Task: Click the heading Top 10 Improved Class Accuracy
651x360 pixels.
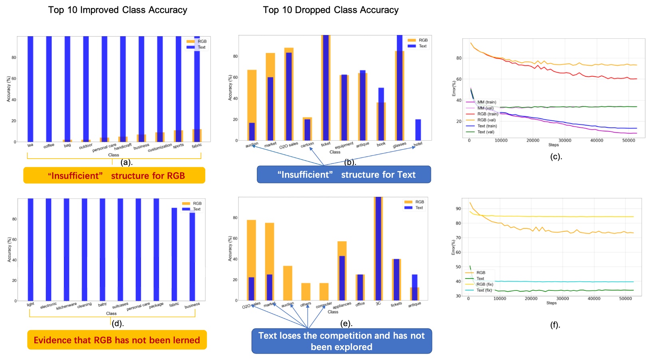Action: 117,10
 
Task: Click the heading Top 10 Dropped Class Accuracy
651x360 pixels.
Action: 330,10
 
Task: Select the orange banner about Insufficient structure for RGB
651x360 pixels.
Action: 114,176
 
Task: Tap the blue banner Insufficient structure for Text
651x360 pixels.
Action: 344,175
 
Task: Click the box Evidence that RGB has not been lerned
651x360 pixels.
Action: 117,340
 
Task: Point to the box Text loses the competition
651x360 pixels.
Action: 341,341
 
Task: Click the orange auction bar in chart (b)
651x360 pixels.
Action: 252,96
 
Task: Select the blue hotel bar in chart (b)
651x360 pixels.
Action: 418,130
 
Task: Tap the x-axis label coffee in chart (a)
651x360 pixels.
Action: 49,146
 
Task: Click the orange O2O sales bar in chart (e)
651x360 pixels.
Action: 251,248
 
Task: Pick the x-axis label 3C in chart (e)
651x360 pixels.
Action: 378,304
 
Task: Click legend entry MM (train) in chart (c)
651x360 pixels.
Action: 486,102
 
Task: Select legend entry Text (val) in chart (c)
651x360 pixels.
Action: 486,132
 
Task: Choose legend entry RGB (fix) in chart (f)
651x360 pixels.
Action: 484,284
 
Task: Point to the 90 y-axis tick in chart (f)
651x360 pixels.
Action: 458,209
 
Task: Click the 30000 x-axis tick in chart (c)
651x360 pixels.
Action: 565,140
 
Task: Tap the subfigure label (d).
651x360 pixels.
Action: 117,323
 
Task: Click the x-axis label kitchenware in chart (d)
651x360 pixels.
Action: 66,306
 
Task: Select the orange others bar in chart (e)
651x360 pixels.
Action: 306,292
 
